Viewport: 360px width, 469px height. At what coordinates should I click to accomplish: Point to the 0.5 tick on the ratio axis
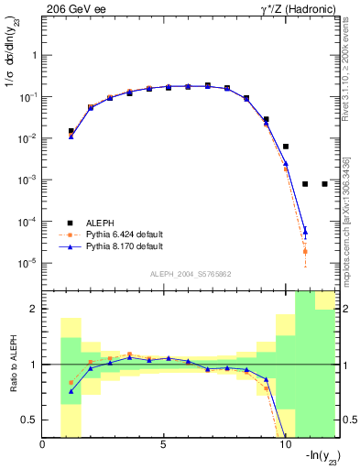[x=30, y=420]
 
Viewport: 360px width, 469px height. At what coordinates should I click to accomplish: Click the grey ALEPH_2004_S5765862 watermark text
[x=190, y=274]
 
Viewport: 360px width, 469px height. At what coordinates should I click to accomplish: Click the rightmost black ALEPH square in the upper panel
[x=325, y=184]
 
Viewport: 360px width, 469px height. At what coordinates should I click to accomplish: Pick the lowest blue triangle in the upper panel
[x=305, y=232]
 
